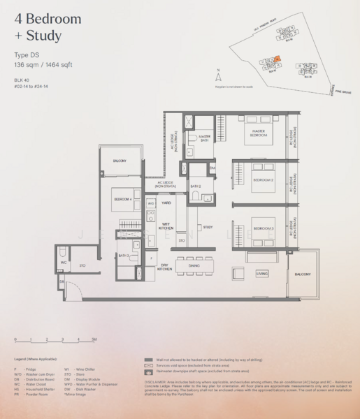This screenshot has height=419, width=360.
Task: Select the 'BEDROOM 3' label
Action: [262, 229]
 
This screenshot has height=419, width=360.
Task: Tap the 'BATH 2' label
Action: [196, 186]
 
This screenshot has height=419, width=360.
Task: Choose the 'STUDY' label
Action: [208, 227]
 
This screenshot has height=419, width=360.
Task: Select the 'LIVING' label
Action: [261, 274]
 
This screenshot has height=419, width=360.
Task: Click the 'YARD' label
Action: [166, 203]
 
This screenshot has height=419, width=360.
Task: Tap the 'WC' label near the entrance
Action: [63, 263]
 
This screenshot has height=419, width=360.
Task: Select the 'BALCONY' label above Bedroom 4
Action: [120, 161]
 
